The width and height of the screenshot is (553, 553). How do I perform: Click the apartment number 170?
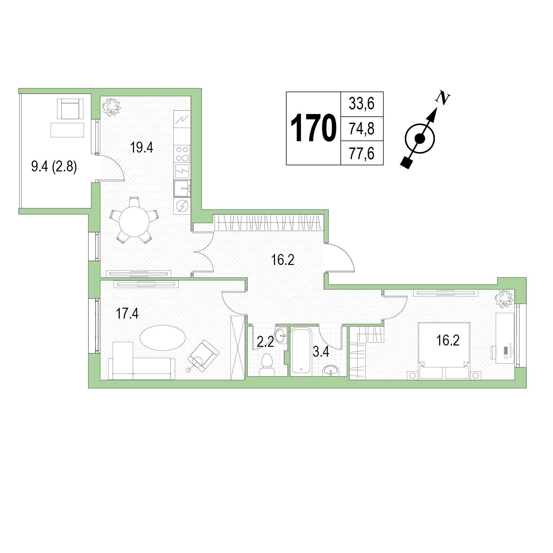[x=313, y=128]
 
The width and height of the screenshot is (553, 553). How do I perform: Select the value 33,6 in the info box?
[x=362, y=104]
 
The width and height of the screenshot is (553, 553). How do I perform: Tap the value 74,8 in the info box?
[x=362, y=129]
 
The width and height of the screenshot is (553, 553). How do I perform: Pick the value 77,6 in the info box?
[x=362, y=154]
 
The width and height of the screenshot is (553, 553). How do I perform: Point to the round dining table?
[x=134, y=221]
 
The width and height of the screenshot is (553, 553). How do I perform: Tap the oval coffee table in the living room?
[x=163, y=338]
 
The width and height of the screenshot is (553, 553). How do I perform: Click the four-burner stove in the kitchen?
[x=182, y=154]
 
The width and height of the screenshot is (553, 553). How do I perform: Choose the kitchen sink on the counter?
[x=182, y=188]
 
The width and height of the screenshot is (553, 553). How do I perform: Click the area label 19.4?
[x=142, y=148]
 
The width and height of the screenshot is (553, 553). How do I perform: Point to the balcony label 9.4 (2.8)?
[x=54, y=166]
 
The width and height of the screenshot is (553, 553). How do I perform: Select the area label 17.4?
[x=127, y=313]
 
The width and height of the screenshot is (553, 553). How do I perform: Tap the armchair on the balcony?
[x=70, y=109]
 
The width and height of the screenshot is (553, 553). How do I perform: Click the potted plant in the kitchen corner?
[x=111, y=107]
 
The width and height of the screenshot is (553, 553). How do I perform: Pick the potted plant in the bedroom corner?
[x=504, y=298]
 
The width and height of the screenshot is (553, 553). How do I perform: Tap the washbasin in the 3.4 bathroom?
[x=331, y=370]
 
